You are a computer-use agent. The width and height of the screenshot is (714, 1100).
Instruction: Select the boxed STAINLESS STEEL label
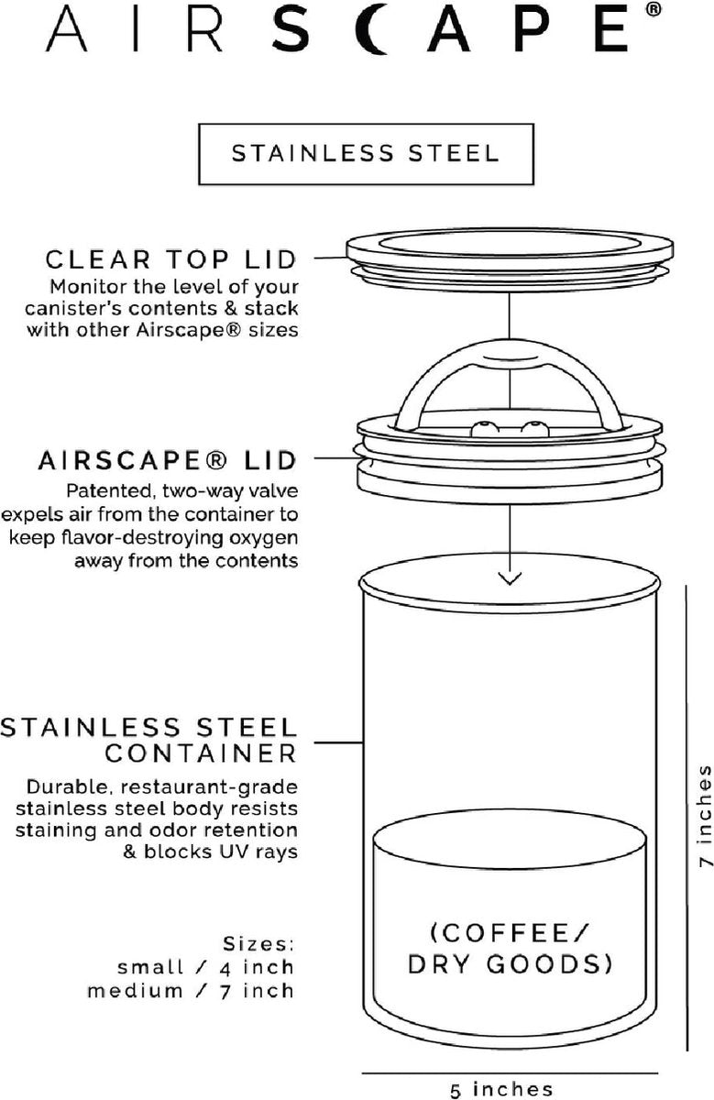(366, 152)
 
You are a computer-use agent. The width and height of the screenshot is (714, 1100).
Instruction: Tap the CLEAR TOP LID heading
(172, 258)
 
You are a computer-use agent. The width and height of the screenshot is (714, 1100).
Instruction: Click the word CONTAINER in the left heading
(201, 753)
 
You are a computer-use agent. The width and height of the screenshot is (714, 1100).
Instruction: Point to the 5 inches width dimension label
(501, 1089)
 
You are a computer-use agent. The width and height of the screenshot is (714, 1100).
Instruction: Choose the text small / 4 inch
(205, 967)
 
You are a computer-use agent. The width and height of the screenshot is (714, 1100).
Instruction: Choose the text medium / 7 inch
(191, 991)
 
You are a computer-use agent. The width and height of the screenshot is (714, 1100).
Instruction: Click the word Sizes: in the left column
(258, 943)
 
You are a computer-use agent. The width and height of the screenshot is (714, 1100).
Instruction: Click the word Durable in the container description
(67, 787)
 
